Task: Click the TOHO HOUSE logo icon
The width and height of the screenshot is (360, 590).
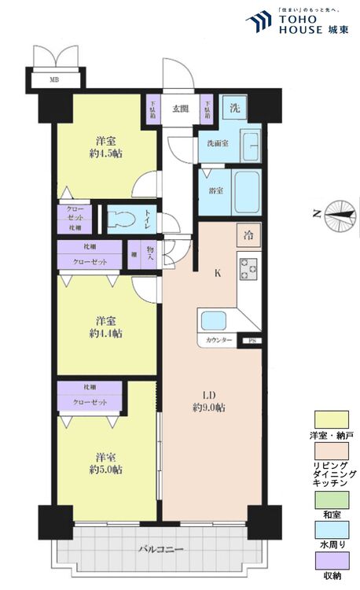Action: coord(259,22)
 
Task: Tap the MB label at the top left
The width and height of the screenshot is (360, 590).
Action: coord(54,79)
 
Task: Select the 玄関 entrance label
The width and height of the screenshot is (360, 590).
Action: coord(180,109)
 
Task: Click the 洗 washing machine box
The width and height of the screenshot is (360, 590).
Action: coord(234,107)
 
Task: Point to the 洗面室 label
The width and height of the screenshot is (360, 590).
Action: coord(218,144)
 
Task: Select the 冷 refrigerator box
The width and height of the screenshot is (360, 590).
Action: coord(248,234)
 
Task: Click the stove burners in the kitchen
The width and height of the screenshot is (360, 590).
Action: coord(248,272)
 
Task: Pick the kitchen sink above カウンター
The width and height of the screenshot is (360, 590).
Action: coord(213,320)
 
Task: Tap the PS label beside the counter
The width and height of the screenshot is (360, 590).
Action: coord(252,341)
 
